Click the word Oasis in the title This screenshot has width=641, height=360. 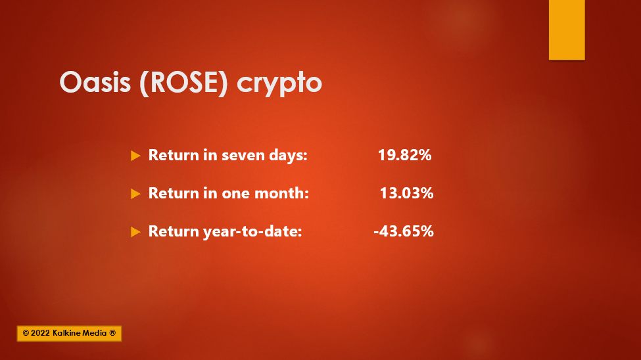click(95, 82)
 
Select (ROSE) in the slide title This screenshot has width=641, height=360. click(183, 83)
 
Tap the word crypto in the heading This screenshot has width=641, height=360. click(279, 85)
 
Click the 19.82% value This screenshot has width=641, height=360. click(405, 155)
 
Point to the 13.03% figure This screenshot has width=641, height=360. click(406, 193)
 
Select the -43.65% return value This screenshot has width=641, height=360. click(404, 231)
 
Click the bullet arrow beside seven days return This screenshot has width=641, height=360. click(135, 156)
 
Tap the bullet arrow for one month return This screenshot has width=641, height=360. click(135, 194)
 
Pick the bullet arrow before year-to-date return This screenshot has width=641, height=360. click(135, 232)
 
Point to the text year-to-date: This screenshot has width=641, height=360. click(252, 231)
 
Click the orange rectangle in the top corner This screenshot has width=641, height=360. click(567, 30)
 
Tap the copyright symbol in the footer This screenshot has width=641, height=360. click(26, 333)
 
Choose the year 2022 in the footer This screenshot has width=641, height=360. click(40, 333)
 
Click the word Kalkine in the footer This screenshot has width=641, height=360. click(67, 333)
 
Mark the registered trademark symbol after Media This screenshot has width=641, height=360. click(112, 333)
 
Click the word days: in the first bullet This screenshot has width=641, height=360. click(288, 155)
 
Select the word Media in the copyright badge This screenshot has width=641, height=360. click(95, 333)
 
